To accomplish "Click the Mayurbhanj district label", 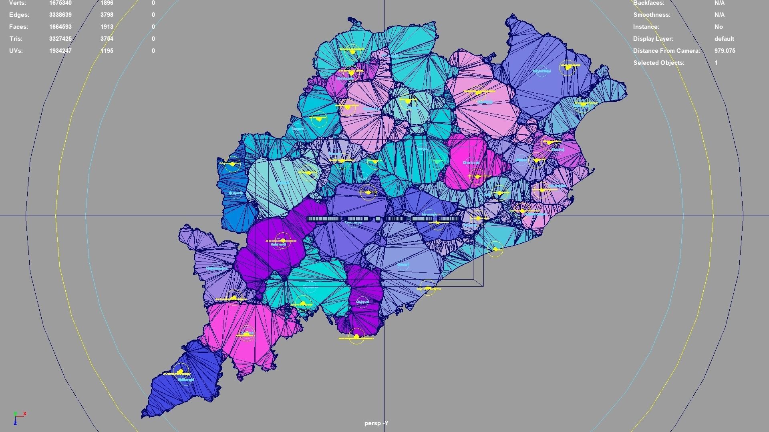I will [x=542, y=71].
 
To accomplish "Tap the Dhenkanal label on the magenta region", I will [x=471, y=163].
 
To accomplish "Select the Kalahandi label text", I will [x=278, y=244].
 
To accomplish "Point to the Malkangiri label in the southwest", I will [x=185, y=380].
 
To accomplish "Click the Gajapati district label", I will [x=362, y=302].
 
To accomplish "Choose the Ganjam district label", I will [x=403, y=265].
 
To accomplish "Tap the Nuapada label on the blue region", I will [x=236, y=193].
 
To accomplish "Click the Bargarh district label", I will [x=298, y=129].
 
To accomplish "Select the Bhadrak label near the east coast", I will [x=558, y=150].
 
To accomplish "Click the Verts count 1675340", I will [x=60, y=3].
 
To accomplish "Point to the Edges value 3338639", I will [x=60, y=15].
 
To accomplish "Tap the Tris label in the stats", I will [x=16, y=39].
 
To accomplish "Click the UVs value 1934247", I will [x=60, y=51].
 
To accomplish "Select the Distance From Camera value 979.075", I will [x=725, y=51].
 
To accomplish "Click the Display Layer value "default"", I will [x=724, y=39].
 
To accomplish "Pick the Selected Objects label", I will [x=658, y=63].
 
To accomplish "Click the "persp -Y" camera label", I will [x=376, y=423].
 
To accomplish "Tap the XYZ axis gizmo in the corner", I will [x=18, y=417].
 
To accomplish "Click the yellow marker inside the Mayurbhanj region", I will [x=568, y=67].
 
